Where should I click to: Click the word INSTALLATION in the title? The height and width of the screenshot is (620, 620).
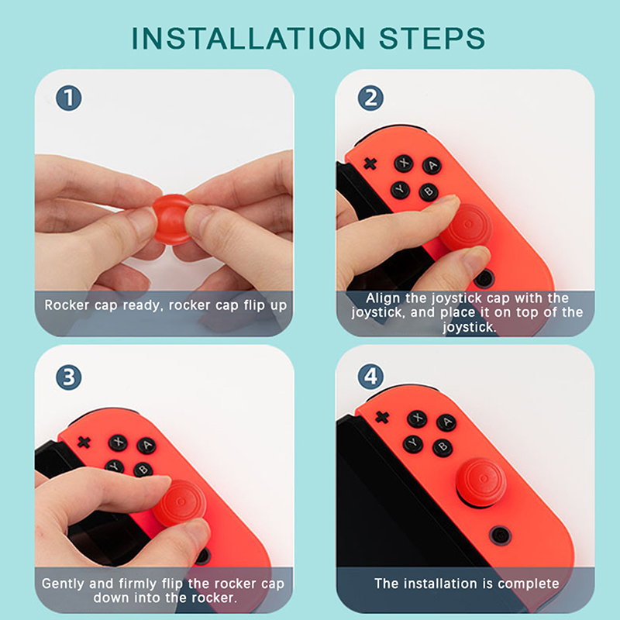click(248, 38)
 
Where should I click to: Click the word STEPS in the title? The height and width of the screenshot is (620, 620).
click(432, 38)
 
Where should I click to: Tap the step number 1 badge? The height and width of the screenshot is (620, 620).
click(69, 98)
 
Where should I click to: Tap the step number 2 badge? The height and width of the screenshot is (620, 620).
click(370, 98)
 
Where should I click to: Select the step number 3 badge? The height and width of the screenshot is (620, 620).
click(69, 377)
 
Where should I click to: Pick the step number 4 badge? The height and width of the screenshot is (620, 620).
click(370, 377)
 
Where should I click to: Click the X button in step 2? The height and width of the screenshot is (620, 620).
click(404, 163)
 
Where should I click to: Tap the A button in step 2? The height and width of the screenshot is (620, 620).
click(432, 165)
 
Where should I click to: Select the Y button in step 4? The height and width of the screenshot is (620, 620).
click(413, 443)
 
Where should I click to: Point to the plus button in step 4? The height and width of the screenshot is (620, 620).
click(382, 417)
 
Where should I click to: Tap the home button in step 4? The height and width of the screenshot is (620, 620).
click(500, 536)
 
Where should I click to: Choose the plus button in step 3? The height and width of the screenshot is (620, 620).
click(84, 442)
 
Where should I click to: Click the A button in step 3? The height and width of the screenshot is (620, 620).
click(146, 446)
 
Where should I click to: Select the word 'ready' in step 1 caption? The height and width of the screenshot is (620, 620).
click(143, 305)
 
